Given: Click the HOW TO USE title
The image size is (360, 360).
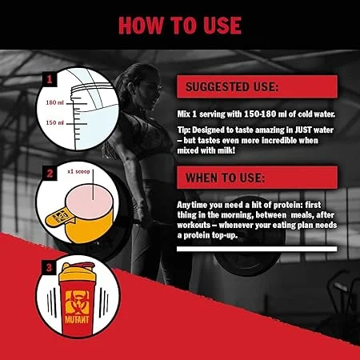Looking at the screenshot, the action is [180, 26].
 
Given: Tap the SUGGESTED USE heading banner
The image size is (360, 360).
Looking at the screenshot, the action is [257, 86].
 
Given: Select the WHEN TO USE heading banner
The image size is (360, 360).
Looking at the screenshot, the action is [257, 178].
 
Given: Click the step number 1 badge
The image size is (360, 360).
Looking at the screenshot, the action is [50, 79].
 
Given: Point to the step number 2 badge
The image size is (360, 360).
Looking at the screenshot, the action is [50, 174].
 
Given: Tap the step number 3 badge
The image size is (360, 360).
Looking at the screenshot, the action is [49, 267].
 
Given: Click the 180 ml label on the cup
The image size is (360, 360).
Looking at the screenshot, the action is [55, 102].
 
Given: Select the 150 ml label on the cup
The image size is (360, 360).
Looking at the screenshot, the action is [55, 123].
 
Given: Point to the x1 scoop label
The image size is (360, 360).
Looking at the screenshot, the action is [78, 171].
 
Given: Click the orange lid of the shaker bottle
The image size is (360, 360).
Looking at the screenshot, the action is [77, 272].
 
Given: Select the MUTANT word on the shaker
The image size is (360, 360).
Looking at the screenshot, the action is [77, 319].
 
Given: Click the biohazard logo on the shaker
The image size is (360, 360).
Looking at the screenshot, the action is [77, 302].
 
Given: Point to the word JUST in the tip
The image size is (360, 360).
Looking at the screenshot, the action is [303, 130].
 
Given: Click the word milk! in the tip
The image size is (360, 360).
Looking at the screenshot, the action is [226, 150].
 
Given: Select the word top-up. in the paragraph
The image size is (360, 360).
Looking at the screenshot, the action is [225, 235].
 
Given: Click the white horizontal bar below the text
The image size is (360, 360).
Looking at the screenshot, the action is [257, 249].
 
